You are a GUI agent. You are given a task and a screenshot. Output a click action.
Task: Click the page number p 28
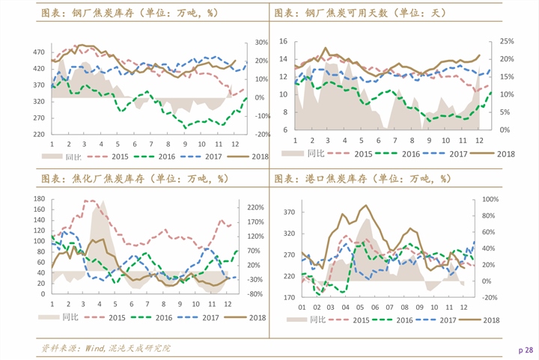[x=526, y=350]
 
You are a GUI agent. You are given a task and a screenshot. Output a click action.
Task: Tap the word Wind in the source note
[x=94, y=348]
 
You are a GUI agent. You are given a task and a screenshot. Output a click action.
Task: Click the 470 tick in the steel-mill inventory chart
[x=39, y=52]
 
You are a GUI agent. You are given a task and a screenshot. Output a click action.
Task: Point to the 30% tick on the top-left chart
[x=261, y=42]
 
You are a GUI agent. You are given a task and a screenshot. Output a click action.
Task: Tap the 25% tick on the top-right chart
[x=507, y=41]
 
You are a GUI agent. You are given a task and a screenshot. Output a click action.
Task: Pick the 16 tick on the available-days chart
[x=283, y=41]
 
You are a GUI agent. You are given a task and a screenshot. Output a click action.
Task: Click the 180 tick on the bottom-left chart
[x=40, y=198]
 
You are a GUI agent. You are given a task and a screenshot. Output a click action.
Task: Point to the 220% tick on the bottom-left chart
[x=256, y=207]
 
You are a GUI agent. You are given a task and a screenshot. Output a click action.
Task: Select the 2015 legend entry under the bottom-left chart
[x=105, y=318]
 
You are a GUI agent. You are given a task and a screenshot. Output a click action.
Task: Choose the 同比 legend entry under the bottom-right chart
[x=306, y=320]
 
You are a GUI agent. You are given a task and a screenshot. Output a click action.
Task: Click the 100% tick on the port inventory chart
[x=490, y=199]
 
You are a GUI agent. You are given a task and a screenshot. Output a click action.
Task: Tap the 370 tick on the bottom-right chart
[x=289, y=213]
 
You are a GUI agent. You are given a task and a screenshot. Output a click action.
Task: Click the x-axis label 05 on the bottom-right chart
[x=360, y=307]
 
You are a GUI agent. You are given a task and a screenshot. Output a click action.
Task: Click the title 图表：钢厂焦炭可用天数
[x=331, y=13]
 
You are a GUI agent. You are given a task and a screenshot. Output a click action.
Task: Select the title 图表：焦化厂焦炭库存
[x=93, y=179]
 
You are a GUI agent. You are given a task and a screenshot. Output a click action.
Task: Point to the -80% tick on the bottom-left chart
[x=255, y=294]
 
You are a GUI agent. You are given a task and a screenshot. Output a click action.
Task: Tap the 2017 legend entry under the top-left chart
[x=201, y=156]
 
